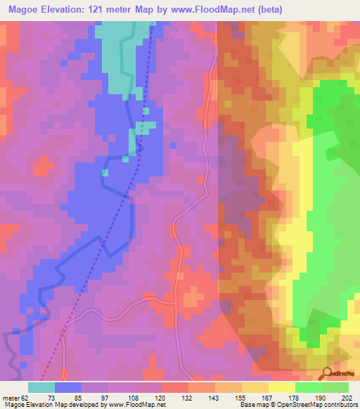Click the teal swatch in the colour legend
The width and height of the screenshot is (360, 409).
(41, 387)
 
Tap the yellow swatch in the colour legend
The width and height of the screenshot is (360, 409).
(281, 387)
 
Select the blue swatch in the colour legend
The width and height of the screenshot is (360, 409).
(68, 387)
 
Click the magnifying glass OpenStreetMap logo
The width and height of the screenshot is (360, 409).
(326, 374)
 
